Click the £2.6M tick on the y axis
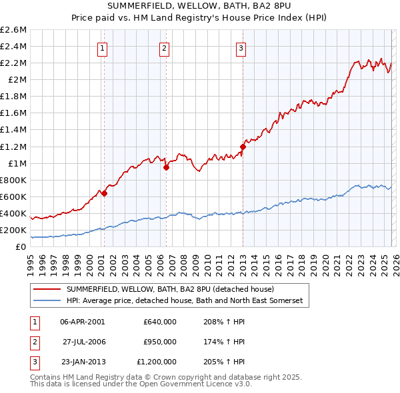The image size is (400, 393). pyautogui.click(x=14, y=30)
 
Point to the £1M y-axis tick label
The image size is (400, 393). pyautogui.click(x=17, y=163)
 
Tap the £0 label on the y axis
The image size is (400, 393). pyautogui.click(x=21, y=247)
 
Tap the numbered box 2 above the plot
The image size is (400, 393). pyautogui.click(x=164, y=47)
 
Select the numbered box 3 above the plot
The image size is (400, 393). pyautogui.click(x=240, y=47)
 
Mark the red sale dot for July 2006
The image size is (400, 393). pyautogui.click(x=167, y=168)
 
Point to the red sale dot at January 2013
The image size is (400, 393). pyautogui.click(x=243, y=147)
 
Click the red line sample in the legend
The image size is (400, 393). pyautogui.click(x=47, y=289)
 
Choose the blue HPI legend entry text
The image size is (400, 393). pyautogui.click(x=184, y=301)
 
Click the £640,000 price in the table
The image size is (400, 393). pyautogui.click(x=159, y=321)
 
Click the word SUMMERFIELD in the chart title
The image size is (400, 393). pyautogui.click(x=137, y=7)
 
